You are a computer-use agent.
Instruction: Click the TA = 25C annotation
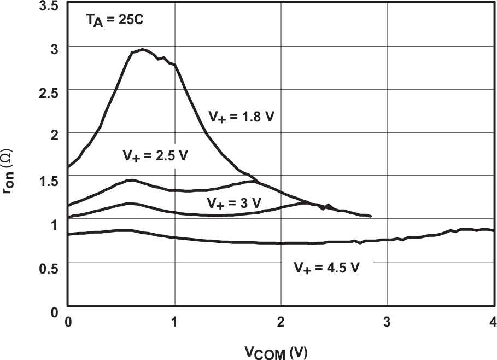114,22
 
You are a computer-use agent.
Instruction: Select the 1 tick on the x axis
174,322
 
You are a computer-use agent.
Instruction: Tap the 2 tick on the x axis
281,322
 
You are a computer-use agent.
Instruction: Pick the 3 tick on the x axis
387,322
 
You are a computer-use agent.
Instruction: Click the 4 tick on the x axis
493,322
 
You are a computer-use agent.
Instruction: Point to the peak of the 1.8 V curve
142,50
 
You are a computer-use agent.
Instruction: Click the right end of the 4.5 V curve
494,231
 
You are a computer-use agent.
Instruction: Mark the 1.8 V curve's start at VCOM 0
68,166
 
